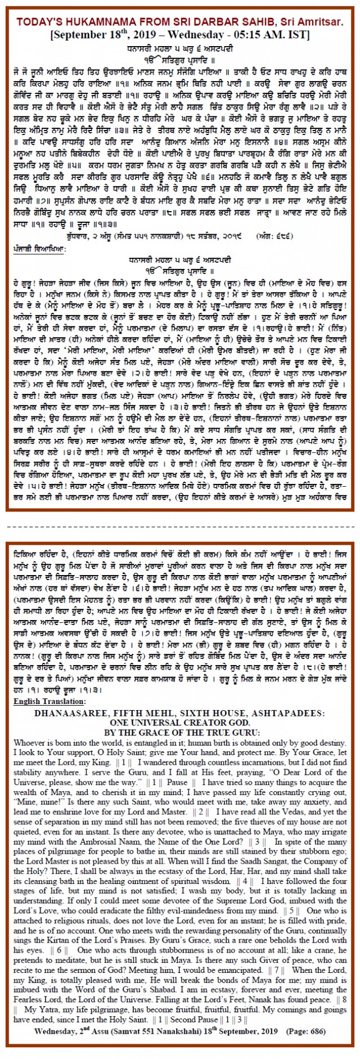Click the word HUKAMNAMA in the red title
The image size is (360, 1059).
tap(95, 21)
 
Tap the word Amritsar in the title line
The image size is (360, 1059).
tap(326, 21)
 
